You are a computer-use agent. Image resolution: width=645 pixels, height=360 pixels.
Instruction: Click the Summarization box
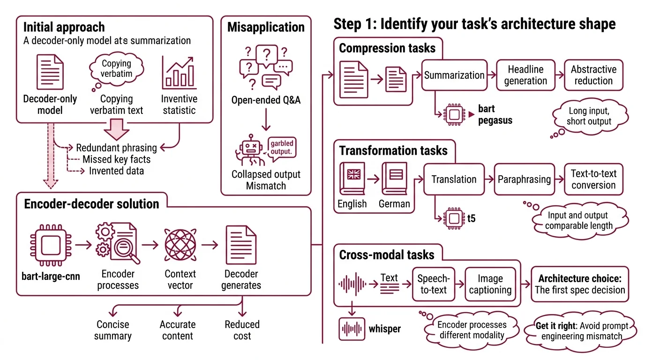(454, 75)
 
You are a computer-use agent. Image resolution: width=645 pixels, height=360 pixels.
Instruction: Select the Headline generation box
(525, 75)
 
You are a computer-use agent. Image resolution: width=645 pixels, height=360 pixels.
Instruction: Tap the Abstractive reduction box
(593, 75)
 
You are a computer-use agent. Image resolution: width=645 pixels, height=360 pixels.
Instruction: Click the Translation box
(454, 179)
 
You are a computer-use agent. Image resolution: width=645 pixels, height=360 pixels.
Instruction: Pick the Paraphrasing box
(524, 179)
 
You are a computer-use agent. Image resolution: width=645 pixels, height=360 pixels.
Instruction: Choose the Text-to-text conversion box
(593, 179)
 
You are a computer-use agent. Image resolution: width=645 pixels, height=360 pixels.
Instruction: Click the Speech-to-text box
(434, 284)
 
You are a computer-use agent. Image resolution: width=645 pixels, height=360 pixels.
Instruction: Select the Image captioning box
(490, 284)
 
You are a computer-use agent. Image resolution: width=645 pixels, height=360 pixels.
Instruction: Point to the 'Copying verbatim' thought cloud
(116, 68)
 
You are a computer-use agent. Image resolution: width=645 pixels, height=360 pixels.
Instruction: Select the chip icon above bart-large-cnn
(50, 245)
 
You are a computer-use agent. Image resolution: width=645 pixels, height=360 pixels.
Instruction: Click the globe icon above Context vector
(180, 245)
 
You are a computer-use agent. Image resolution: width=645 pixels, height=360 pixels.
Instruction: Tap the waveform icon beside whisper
(352, 328)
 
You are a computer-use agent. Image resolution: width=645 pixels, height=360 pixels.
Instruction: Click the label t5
(471, 218)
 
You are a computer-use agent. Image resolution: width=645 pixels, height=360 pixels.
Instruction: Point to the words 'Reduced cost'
(242, 330)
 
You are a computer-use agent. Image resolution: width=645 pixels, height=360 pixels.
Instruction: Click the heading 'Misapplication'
(266, 27)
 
